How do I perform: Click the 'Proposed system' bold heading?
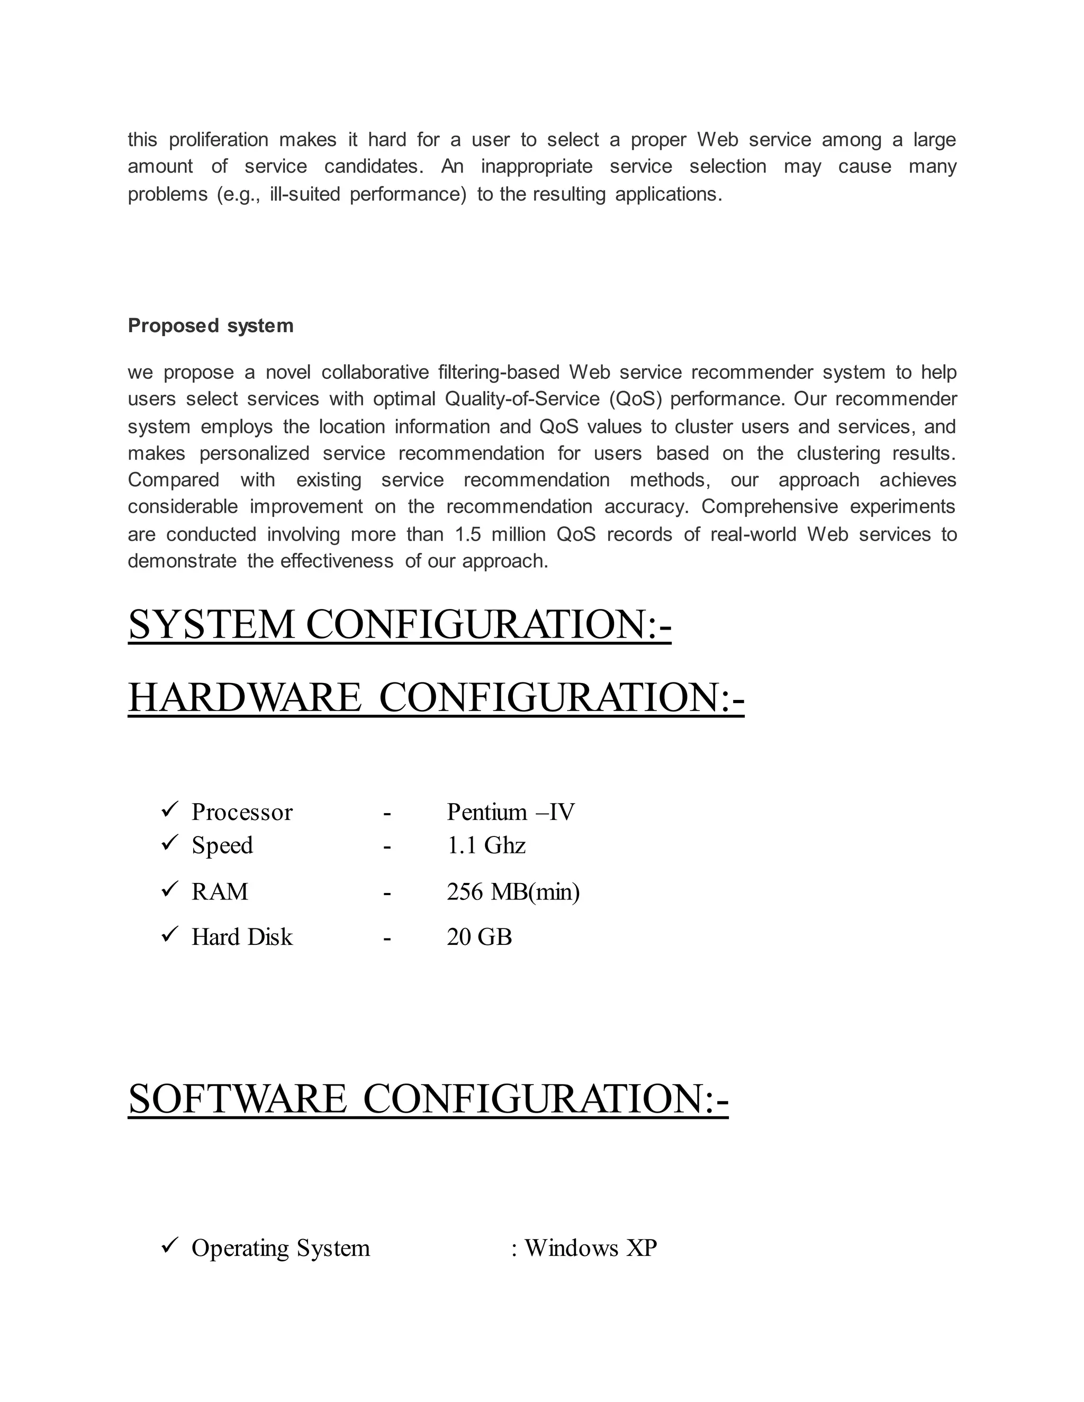211,326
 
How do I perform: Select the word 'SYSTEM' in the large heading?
211,625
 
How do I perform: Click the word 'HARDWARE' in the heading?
245,698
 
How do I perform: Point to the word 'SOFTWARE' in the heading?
238,1099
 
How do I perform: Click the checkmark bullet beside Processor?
169,810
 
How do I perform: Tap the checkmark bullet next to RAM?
169,890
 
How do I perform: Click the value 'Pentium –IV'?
511,813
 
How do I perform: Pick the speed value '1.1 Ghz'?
486,845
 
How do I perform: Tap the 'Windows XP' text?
591,1248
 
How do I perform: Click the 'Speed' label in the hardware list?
222,845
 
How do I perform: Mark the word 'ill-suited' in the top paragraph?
305,194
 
